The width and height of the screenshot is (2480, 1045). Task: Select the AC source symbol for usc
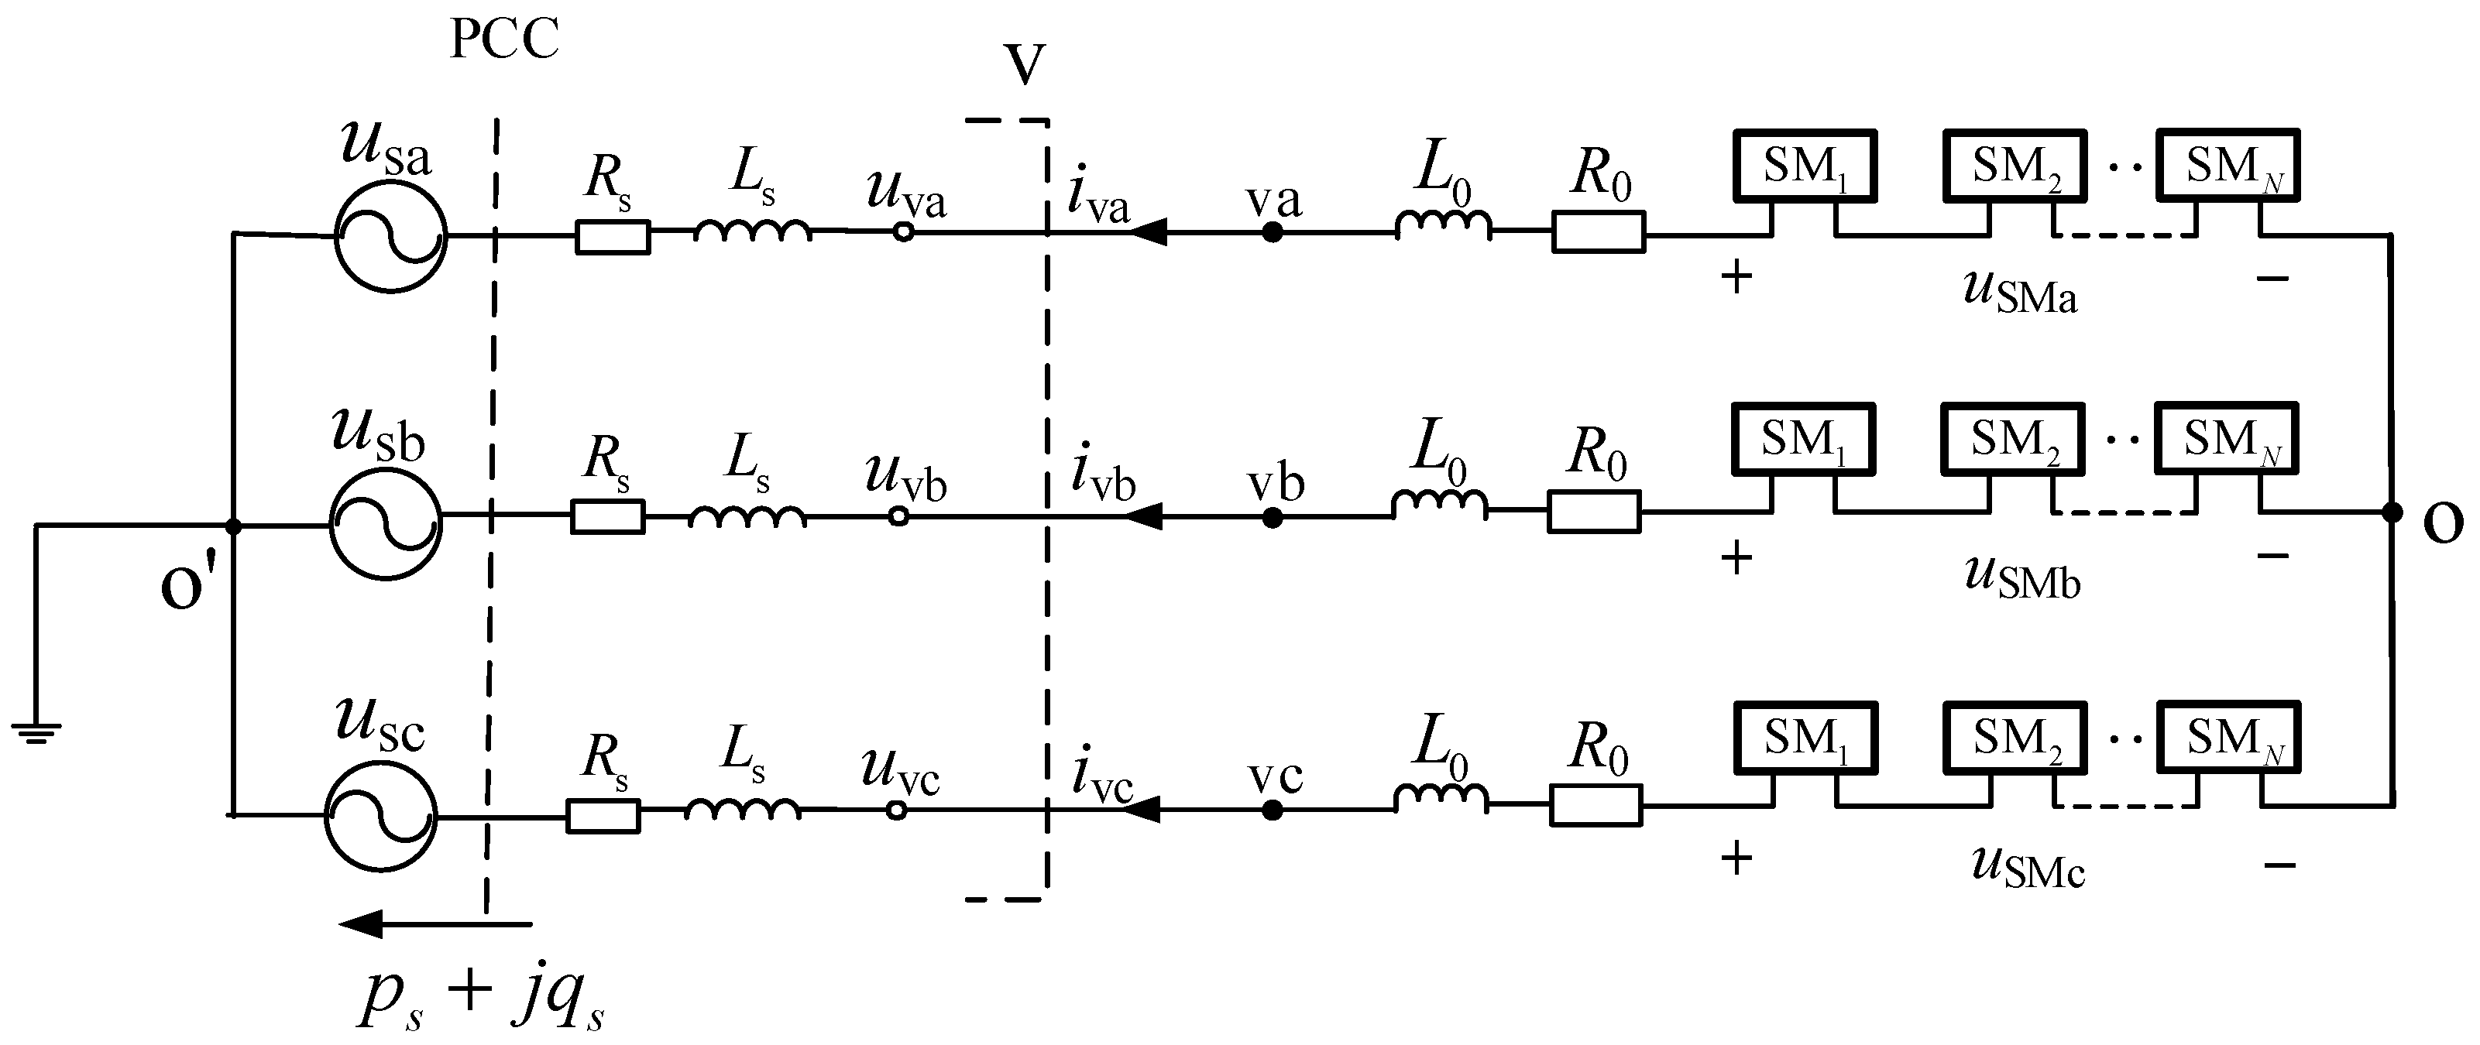[x=380, y=817]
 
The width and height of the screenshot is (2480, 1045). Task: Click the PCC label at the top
[x=504, y=40]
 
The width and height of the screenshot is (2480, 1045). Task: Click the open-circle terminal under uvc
[x=896, y=811]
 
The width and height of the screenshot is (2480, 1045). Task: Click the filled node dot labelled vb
[x=1272, y=518]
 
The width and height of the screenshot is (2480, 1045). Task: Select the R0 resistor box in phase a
[x=1598, y=233]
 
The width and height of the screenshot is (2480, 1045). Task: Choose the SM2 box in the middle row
[x=2013, y=439]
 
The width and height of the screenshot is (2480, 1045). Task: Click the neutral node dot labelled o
[x=2392, y=513]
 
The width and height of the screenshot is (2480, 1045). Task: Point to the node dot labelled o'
[x=233, y=526]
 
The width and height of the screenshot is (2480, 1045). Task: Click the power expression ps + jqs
[x=482, y=997]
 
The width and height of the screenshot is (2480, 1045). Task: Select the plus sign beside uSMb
[x=1736, y=558]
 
